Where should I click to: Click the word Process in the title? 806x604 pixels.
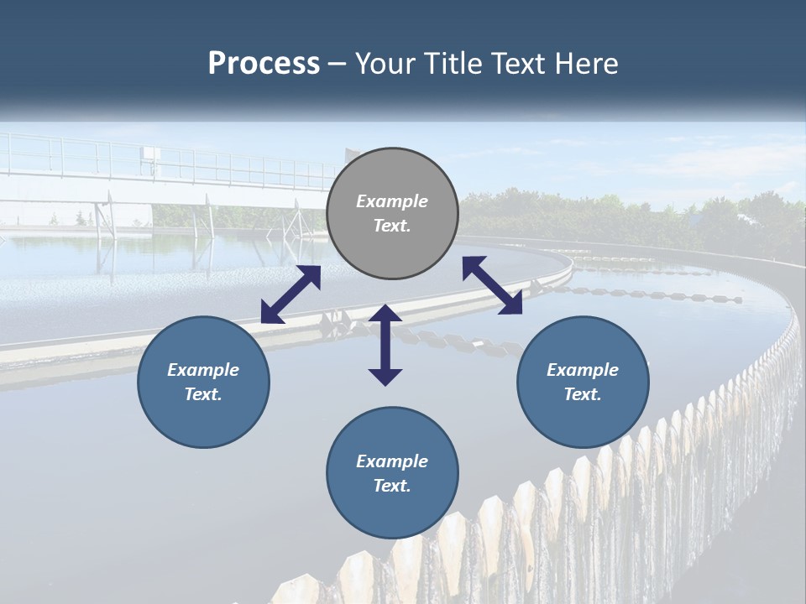[x=264, y=64]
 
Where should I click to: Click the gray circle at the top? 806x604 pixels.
[x=392, y=214]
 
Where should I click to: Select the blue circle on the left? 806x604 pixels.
[x=203, y=382]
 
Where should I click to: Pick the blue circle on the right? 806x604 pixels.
[x=583, y=382]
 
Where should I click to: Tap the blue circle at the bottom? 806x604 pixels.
[x=392, y=473]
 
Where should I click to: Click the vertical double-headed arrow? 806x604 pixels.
[x=385, y=345]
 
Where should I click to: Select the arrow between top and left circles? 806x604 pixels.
[x=290, y=294]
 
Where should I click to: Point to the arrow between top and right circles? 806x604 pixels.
[x=492, y=285]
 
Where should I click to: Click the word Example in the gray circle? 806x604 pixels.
[x=392, y=201]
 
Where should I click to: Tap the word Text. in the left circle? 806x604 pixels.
[x=203, y=394]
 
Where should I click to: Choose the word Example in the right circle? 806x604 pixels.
[x=583, y=370]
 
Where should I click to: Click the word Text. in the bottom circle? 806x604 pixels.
[x=392, y=486]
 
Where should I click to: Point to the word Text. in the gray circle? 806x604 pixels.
[x=392, y=226]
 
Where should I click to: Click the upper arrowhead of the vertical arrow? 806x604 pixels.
[x=385, y=315]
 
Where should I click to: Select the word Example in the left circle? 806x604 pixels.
[x=203, y=370]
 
